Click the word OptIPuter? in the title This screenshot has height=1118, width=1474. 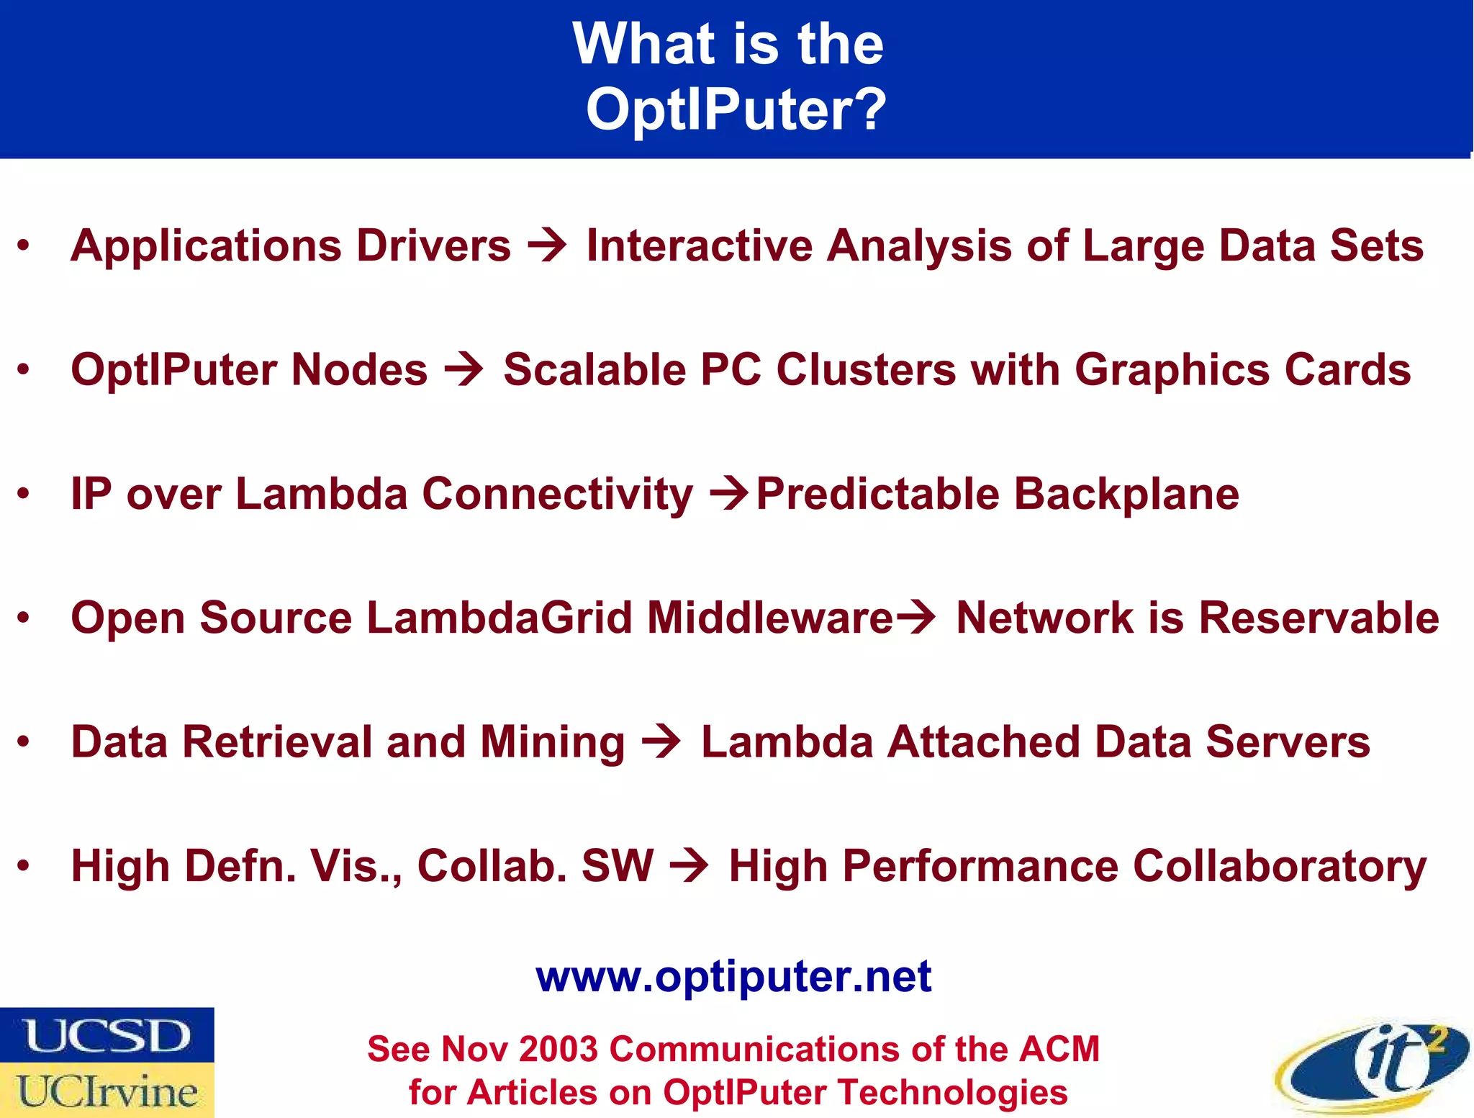coord(736,109)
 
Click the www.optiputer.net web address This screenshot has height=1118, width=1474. coord(733,977)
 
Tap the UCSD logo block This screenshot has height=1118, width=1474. coord(107,1035)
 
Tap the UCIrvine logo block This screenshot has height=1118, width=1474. coord(107,1091)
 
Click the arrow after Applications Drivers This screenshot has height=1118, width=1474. coord(547,246)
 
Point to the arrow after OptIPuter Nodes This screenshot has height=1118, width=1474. coord(464,370)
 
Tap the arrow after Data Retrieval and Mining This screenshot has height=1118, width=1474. coord(661,742)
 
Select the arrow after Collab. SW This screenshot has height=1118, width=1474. coord(689,866)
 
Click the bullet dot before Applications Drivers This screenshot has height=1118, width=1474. coord(24,246)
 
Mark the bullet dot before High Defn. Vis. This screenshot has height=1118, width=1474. coord(24,866)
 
